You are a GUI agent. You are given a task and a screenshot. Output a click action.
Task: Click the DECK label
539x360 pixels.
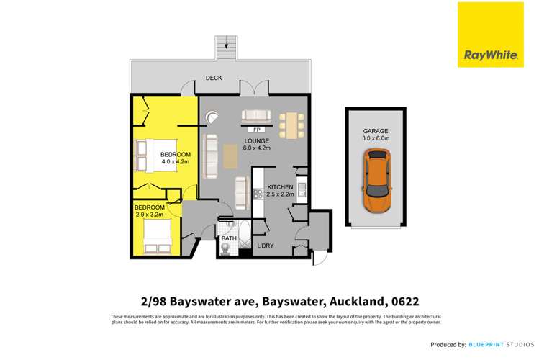tap(213, 78)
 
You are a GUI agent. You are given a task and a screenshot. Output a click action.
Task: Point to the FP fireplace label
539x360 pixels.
tap(256, 130)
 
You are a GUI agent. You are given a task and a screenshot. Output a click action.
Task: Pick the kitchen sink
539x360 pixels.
tap(302, 191)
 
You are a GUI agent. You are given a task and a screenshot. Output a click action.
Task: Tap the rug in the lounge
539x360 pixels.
tap(230, 156)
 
